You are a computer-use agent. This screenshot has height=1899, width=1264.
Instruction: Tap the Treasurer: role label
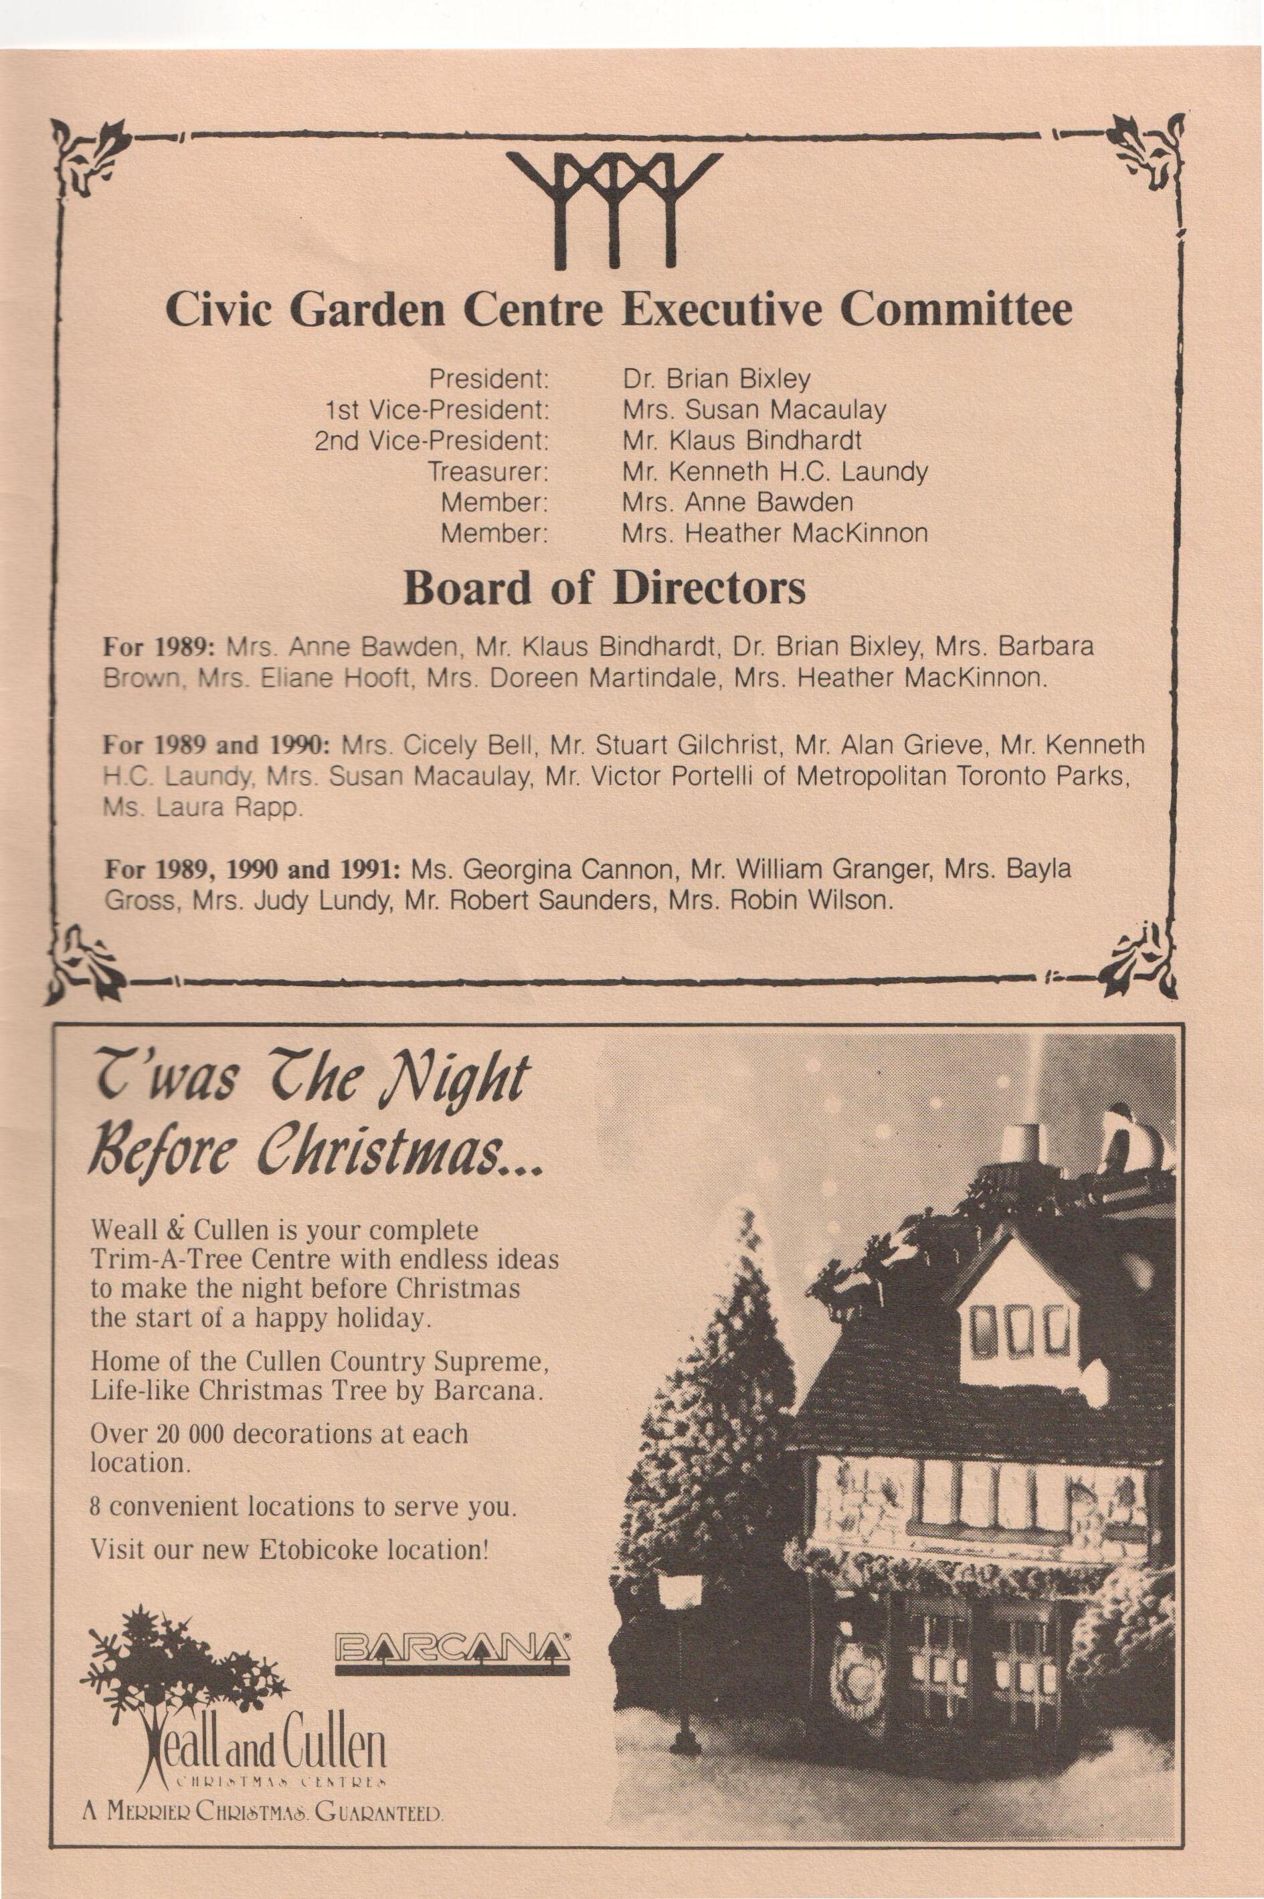coord(488,471)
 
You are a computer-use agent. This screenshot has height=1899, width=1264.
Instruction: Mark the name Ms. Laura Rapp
coord(203,807)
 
